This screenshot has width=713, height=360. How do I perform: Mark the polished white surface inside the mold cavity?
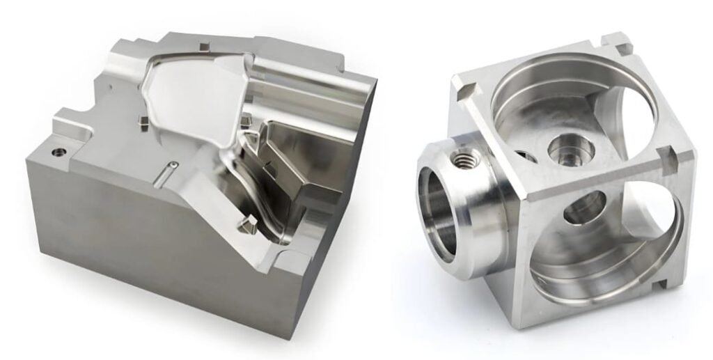point(182,97)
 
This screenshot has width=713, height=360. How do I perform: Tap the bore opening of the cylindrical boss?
point(438,209)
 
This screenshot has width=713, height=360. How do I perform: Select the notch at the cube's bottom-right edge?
point(658,285)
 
